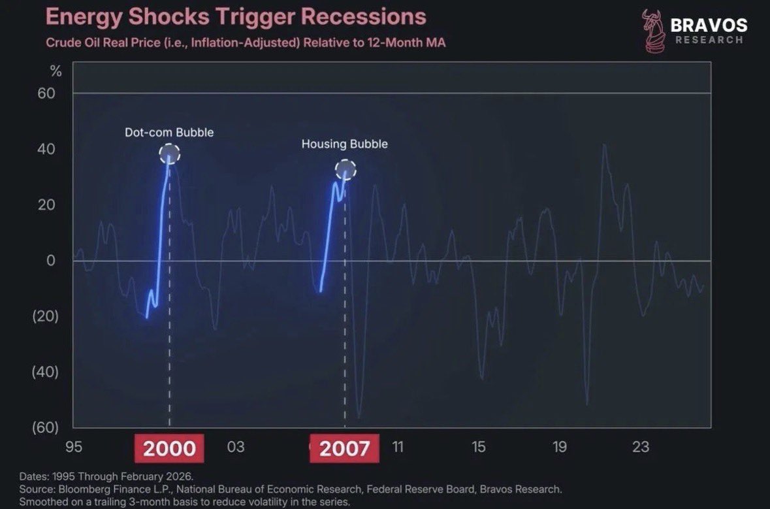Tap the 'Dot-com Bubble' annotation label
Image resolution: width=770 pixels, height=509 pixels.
tap(169, 133)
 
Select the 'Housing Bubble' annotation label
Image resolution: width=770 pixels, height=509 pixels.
tap(344, 144)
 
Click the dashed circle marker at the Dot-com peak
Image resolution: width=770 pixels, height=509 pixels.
tap(169, 154)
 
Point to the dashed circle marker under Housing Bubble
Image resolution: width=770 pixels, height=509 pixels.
tap(345, 171)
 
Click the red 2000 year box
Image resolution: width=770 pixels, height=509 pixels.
tap(169, 448)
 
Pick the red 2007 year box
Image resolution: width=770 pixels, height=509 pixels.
tap(345, 448)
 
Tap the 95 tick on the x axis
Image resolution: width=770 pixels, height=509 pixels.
tap(74, 447)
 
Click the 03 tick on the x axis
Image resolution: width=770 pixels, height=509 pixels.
tap(236, 447)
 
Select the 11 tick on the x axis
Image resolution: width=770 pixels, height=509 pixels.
tap(397, 447)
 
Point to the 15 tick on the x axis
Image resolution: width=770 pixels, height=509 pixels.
tap(479, 447)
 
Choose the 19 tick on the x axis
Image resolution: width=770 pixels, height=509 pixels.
tap(560, 447)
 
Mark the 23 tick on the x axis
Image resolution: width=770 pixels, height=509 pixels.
tap(641, 447)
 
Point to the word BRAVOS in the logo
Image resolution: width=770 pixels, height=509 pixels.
tap(709, 25)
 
